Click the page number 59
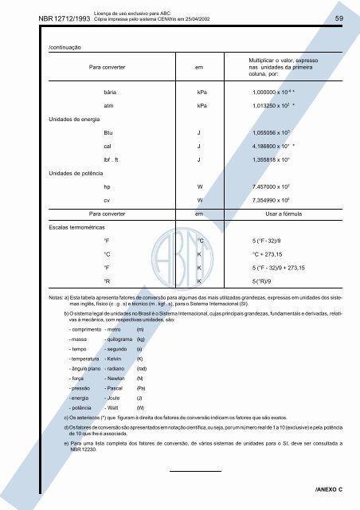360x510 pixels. point(338,18)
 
